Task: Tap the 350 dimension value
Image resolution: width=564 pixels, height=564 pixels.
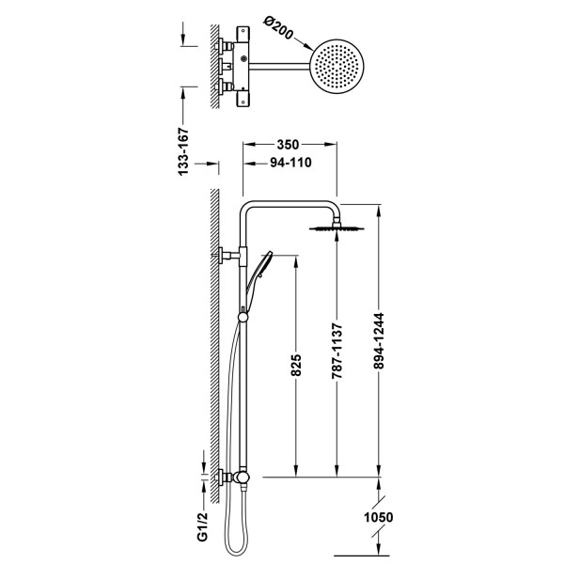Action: point(288,145)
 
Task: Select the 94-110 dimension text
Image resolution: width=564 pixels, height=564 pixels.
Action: point(290,163)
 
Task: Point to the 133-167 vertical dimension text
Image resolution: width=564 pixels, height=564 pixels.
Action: point(183,151)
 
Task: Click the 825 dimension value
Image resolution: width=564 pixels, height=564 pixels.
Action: point(296,365)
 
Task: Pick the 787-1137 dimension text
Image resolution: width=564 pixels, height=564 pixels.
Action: point(337,351)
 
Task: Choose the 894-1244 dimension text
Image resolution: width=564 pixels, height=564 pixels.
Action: point(379,341)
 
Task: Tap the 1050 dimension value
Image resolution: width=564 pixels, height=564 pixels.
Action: point(379,517)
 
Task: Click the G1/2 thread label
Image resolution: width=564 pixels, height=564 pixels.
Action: point(202,527)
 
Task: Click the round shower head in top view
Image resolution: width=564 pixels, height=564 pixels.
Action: point(337,67)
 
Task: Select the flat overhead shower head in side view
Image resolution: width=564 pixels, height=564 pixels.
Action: point(337,227)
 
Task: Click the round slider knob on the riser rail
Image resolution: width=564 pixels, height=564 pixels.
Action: point(243,317)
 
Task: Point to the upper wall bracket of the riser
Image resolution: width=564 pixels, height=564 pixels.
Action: point(229,255)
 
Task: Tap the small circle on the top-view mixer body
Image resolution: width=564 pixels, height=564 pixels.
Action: point(243,58)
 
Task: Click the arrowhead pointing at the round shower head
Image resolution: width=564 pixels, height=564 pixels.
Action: point(308,47)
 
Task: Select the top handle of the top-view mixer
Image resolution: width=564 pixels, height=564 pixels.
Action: point(243,34)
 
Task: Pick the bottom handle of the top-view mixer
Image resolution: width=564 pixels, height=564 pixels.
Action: point(243,99)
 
